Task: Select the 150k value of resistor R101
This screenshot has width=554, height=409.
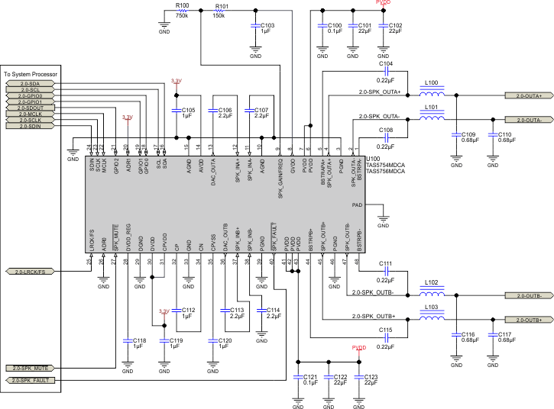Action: [x=219, y=14]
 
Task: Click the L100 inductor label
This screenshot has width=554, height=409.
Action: [x=431, y=82]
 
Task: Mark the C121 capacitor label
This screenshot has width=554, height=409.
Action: [x=309, y=377]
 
